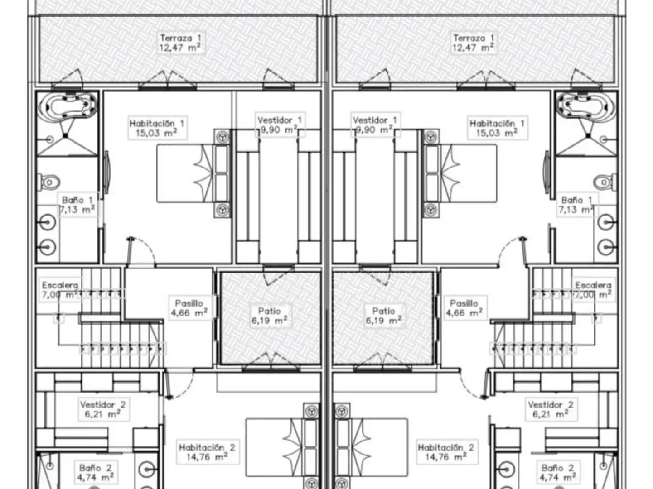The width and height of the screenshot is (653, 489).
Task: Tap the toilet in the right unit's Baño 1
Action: (605, 182)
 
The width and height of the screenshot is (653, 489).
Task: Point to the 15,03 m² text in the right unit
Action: (497, 133)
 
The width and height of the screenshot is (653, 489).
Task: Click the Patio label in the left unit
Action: (270, 311)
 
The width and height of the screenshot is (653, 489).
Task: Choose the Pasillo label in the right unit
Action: (464, 303)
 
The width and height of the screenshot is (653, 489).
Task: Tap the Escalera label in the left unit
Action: (60, 285)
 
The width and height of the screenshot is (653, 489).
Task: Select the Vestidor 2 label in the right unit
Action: (551, 405)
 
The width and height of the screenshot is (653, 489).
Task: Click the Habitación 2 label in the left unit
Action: (207, 447)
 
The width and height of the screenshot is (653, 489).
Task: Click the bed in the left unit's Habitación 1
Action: (193, 173)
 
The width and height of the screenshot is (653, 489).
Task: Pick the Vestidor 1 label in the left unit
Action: (280, 120)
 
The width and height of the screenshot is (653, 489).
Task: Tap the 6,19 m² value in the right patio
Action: (383, 321)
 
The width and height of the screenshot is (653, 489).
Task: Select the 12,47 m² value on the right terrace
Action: (473, 47)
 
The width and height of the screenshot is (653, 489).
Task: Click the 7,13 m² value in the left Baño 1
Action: (77, 210)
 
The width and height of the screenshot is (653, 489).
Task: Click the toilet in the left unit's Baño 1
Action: (49, 182)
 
